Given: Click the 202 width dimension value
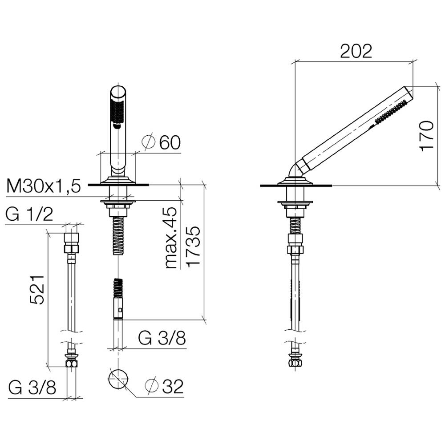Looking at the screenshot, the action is [x=356, y=51].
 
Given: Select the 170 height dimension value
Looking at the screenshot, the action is [x=427, y=136].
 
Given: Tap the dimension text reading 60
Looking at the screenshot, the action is [x=170, y=142].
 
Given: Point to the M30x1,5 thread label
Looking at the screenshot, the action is [x=44, y=186].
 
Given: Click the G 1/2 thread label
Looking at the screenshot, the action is [x=29, y=214].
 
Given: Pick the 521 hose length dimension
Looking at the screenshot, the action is [x=37, y=290].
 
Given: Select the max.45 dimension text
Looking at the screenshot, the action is [x=171, y=238].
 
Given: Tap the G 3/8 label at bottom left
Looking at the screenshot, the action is [x=32, y=388].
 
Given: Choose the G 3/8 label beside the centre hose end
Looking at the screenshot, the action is [x=162, y=338].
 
